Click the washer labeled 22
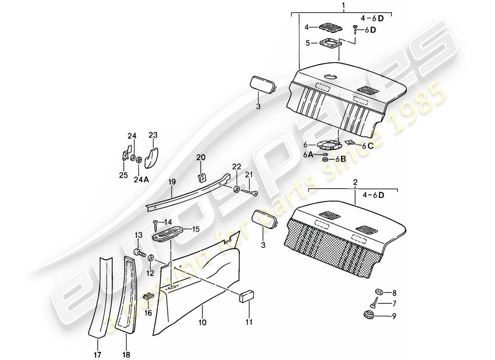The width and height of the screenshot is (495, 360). (237, 189)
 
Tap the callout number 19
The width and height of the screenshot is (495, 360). (171, 183)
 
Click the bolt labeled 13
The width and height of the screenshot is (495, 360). (140, 253)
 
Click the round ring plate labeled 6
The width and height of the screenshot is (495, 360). (328, 144)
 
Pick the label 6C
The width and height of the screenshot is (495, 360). (368, 146)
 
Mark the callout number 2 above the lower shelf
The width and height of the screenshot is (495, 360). (355, 183)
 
